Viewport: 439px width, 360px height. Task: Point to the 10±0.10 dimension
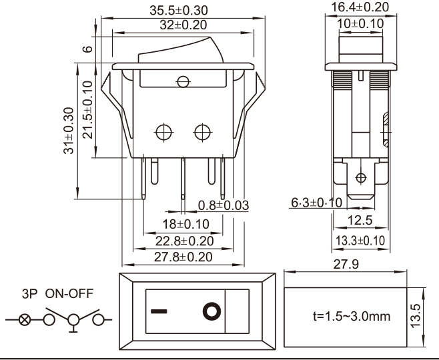[x=361, y=23]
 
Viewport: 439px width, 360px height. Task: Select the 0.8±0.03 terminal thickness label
[x=224, y=205]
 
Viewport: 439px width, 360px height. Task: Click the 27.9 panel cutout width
[x=346, y=265]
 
